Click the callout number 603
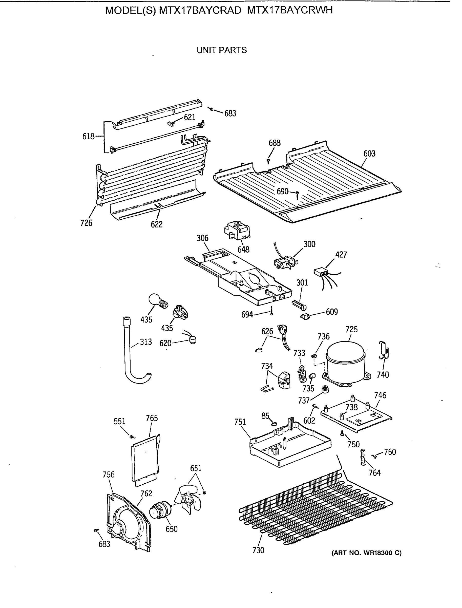tap(369, 154)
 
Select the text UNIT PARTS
tap(222, 50)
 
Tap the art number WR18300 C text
tap(367, 553)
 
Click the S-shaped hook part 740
tap(384, 351)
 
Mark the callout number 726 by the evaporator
tap(86, 223)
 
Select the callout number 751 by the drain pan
tap(240, 422)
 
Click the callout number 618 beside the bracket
tap(88, 136)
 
